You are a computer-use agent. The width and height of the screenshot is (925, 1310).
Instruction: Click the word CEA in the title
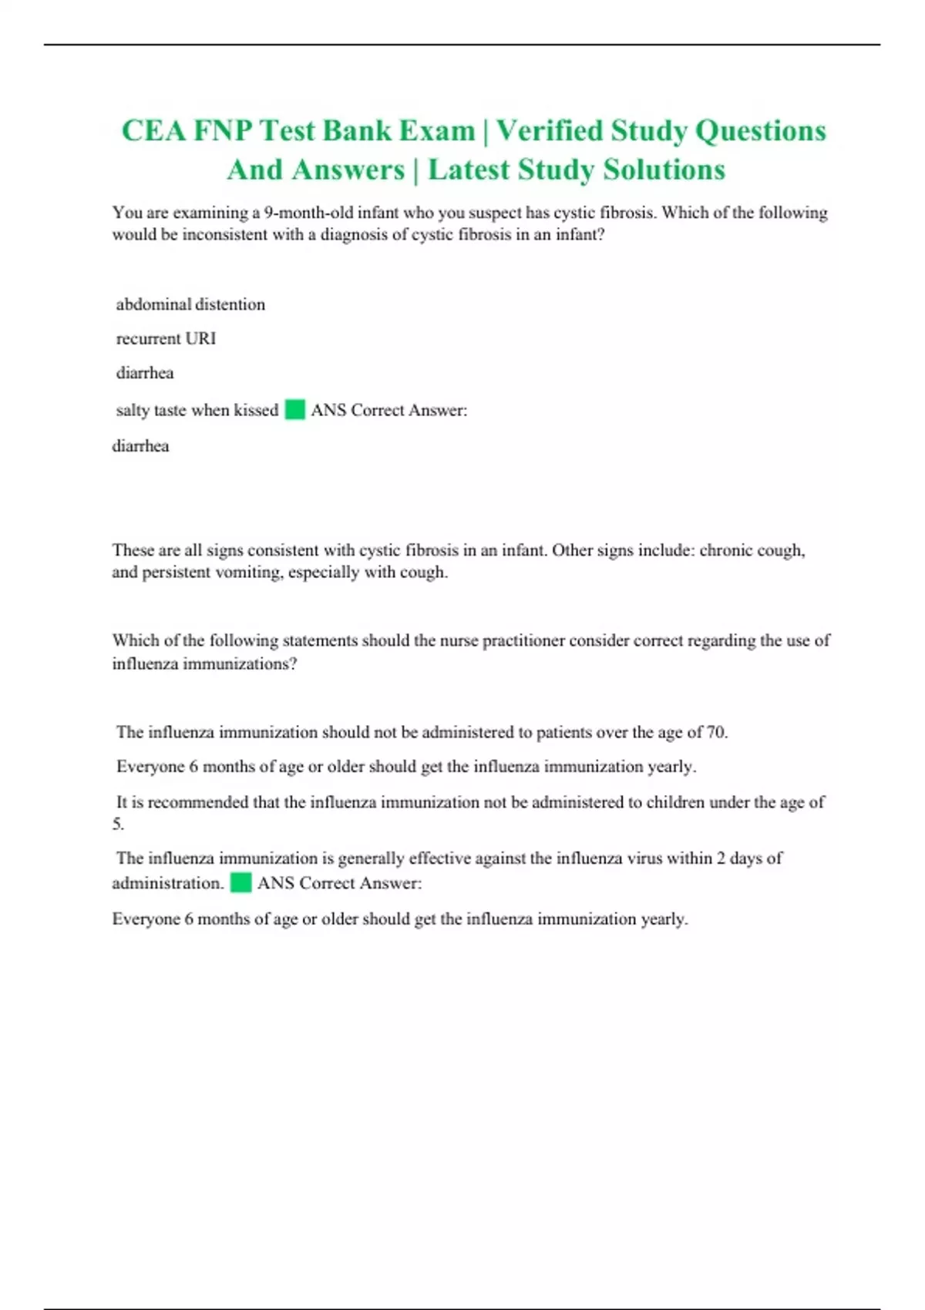click(x=153, y=131)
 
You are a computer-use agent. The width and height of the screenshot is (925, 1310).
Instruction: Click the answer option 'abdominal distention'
click(x=190, y=304)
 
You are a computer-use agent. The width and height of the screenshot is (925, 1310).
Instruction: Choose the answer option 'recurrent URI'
click(x=166, y=338)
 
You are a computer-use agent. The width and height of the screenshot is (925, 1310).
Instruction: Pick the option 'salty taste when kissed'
click(x=197, y=410)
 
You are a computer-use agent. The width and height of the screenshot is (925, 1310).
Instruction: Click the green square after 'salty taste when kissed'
click(x=294, y=409)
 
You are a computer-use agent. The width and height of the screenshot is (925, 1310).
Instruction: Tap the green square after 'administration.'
click(x=240, y=882)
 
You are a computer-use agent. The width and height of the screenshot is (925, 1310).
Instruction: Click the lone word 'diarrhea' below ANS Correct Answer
click(x=140, y=445)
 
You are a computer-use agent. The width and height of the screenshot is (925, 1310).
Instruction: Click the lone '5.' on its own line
click(x=118, y=824)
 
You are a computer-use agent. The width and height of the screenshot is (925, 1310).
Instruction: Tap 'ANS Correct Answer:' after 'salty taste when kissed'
click(x=388, y=410)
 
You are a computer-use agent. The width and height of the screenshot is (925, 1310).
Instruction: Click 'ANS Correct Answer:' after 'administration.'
click(x=339, y=883)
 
